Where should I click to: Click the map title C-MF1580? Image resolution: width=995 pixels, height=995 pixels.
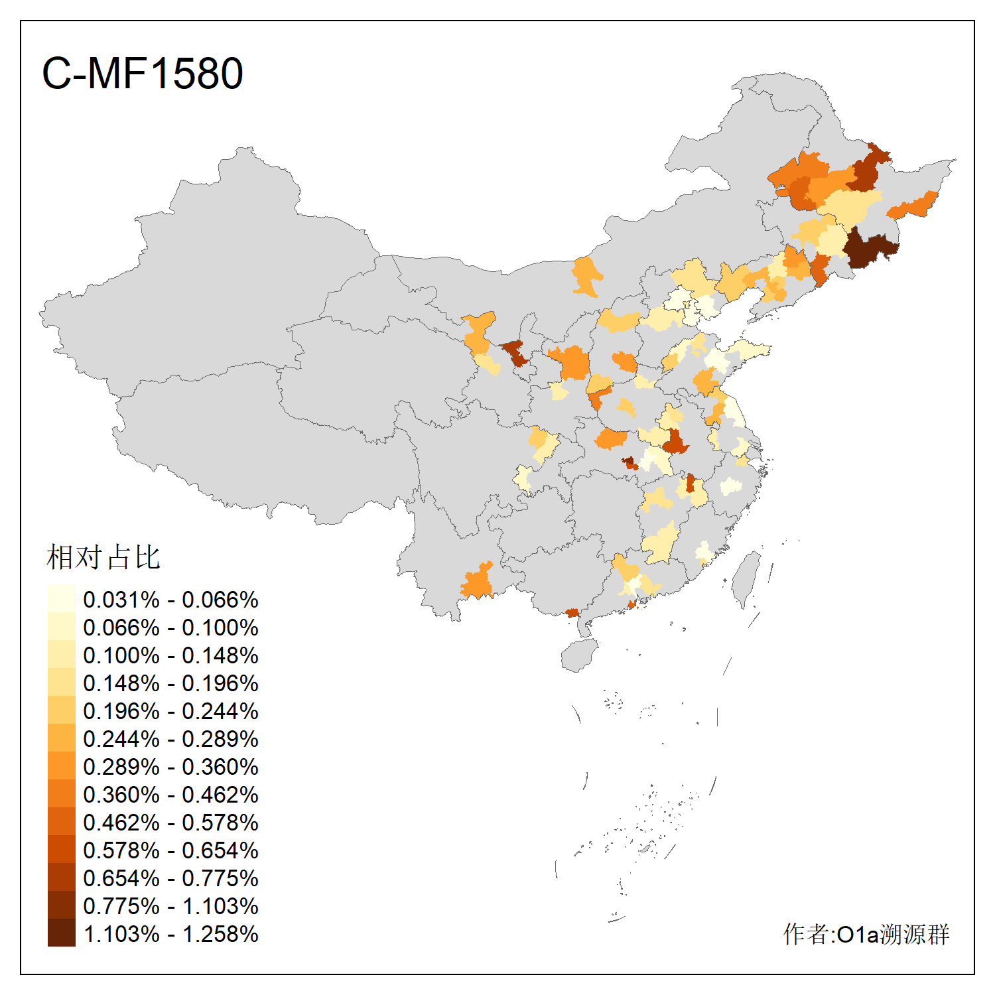[142, 73]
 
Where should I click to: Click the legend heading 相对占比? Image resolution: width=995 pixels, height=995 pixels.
[103, 557]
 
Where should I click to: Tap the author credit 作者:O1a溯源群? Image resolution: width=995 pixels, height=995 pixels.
[866, 934]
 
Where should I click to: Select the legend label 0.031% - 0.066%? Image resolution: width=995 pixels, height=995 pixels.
[170, 600]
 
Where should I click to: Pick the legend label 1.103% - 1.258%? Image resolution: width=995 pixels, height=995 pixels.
[170, 934]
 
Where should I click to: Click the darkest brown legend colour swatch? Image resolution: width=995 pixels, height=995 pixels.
[61, 933]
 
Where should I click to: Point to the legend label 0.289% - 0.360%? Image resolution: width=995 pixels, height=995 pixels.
[170, 767]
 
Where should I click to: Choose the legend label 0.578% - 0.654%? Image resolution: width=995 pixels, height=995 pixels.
[170, 850]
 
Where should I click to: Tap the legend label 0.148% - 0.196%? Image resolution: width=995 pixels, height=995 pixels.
[170, 683]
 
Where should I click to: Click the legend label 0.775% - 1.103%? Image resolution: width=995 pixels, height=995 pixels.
[170, 906]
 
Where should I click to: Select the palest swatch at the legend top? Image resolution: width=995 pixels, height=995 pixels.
[61, 598]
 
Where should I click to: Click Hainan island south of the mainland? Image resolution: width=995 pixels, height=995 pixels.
[578, 655]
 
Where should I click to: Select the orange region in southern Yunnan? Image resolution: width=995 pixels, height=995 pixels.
[478, 582]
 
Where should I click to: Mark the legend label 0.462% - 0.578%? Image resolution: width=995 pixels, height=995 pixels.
[170, 823]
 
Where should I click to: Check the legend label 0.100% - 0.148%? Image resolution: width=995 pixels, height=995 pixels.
[170, 655]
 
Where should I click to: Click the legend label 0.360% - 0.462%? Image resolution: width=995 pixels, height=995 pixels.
[170, 795]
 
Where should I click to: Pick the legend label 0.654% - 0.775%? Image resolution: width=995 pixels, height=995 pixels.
[170, 878]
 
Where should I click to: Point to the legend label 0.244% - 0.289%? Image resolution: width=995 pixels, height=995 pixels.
[170, 739]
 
